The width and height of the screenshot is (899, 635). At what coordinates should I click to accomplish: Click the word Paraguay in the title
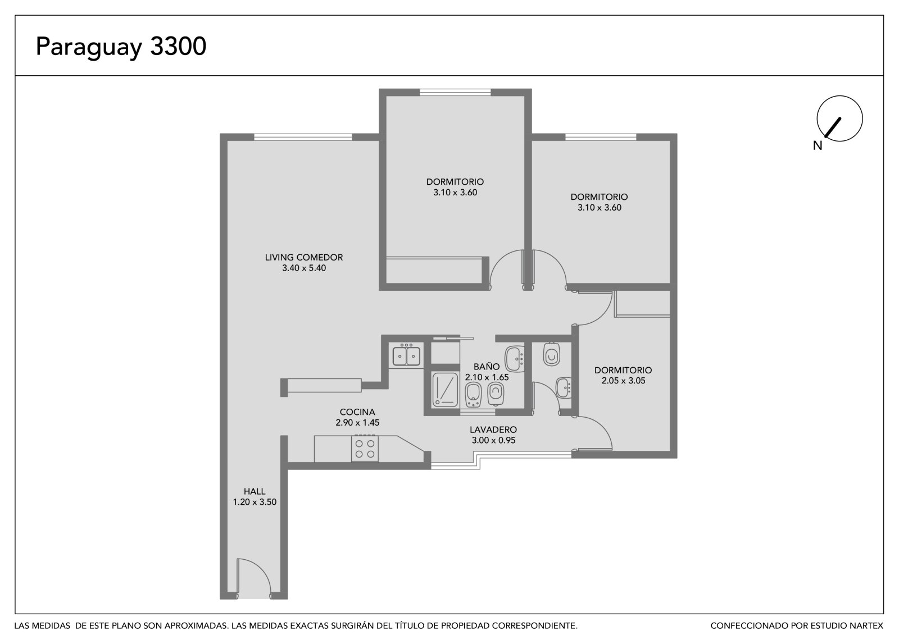pos(89,47)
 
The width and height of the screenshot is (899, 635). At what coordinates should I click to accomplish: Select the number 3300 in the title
pos(178,45)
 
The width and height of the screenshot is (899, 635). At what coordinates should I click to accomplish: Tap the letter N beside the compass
pos(818,145)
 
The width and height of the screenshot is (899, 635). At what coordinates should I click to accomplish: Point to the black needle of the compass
pos(832,127)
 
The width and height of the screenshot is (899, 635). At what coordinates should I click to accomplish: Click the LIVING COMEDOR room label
pos(304,258)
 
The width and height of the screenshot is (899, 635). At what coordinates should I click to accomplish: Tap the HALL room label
pos(255,491)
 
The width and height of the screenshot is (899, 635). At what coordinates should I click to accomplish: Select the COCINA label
pos(357,412)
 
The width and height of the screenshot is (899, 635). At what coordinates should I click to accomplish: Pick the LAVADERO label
pos(493,430)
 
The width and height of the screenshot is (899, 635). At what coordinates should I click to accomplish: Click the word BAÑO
pos(487,366)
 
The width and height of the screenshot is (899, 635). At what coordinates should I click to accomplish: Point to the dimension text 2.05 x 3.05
pos(623,381)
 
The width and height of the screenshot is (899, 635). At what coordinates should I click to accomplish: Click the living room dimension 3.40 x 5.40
pos(304,268)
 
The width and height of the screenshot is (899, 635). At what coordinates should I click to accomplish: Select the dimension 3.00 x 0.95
pos(493,440)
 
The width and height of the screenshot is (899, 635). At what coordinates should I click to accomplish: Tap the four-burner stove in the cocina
pos(365,449)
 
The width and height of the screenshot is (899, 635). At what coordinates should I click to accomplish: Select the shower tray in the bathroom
pos(444,390)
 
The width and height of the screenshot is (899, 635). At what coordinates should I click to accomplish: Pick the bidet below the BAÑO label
pos(473,395)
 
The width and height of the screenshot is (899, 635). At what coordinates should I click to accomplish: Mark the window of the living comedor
pos(303,137)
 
